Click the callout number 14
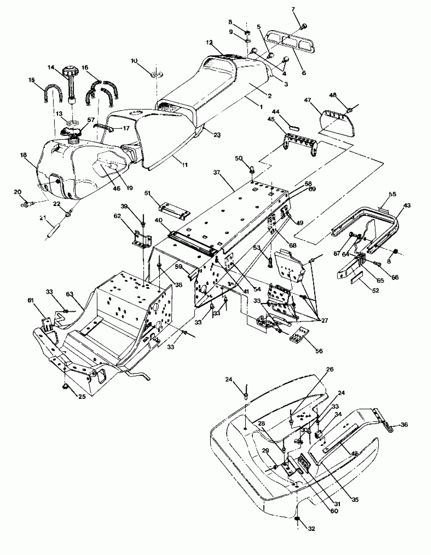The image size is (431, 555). click(51, 67)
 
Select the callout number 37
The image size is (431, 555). click(216, 172)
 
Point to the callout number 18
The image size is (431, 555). click(24, 155)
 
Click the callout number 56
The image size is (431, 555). click(319, 351)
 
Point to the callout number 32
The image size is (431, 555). click(311, 529)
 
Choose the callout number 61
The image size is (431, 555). click(31, 300)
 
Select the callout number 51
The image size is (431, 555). click(148, 193)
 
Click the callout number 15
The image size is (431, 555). click(31, 80)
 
